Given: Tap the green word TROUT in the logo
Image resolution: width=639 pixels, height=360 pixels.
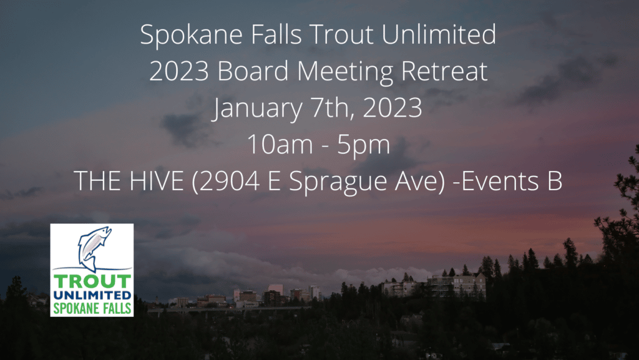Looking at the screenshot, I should (x=92, y=281).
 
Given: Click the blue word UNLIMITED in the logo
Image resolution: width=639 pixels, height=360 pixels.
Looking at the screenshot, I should (x=92, y=294).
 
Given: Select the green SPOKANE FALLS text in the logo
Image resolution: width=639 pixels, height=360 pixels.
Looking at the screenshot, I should (x=92, y=307).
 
